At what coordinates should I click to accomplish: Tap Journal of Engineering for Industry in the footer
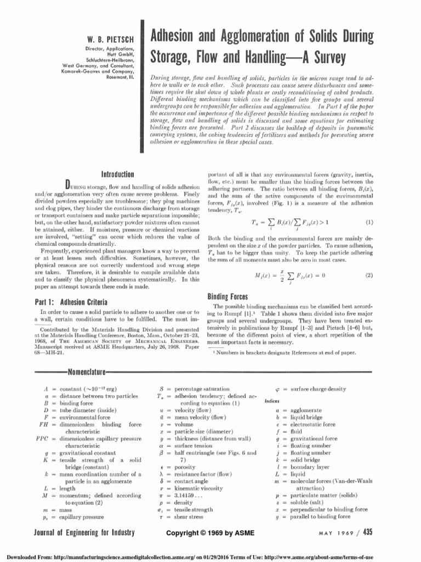pyautogui.click(x=77, y=532)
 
